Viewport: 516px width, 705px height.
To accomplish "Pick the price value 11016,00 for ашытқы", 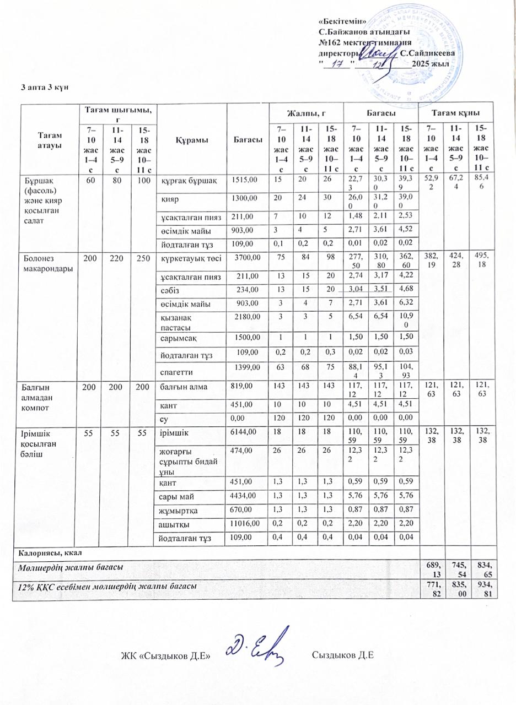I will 244,525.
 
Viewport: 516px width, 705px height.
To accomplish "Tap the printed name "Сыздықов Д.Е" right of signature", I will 343,655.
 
